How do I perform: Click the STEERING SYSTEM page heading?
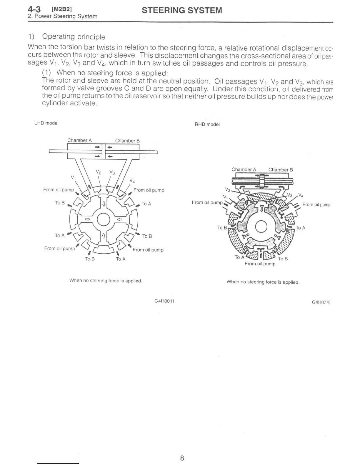pyautogui.click(x=182, y=11)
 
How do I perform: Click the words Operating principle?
pyautogui.click(x=74, y=37)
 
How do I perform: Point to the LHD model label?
pyautogui.click(x=46, y=123)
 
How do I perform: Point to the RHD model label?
pyautogui.click(x=207, y=124)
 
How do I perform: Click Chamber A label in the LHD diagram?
pyautogui.click(x=79, y=140)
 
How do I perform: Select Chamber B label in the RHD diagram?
pyautogui.click(x=281, y=170)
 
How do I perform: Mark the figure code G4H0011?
pyautogui.click(x=164, y=301)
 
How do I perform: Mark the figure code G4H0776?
pyautogui.click(x=321, y=302)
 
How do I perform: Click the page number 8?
pyautogui.click(x=182, y=458)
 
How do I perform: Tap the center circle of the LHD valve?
pyautogui.click(x=104, y=219)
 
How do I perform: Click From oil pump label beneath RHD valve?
pyautogui.click(x=260, y=264)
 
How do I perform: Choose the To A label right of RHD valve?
pyautogui.click(x=300, y=228)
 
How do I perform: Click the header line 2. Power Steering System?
pyautogui.click(x=62, y=16)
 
